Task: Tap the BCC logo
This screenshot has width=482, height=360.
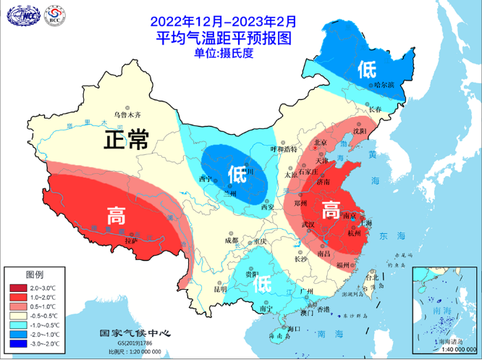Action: [53, 16]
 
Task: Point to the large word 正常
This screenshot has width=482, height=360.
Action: [124, 139]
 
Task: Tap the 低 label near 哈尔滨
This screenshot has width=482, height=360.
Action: [365, 69]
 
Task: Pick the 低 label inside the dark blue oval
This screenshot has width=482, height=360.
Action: [236, 175]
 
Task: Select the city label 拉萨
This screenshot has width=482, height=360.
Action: [131, 239]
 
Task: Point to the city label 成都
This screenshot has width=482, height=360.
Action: [231, 240]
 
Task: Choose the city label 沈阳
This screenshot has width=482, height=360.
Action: [359, 131]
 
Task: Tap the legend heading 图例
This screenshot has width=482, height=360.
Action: [35, 276]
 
